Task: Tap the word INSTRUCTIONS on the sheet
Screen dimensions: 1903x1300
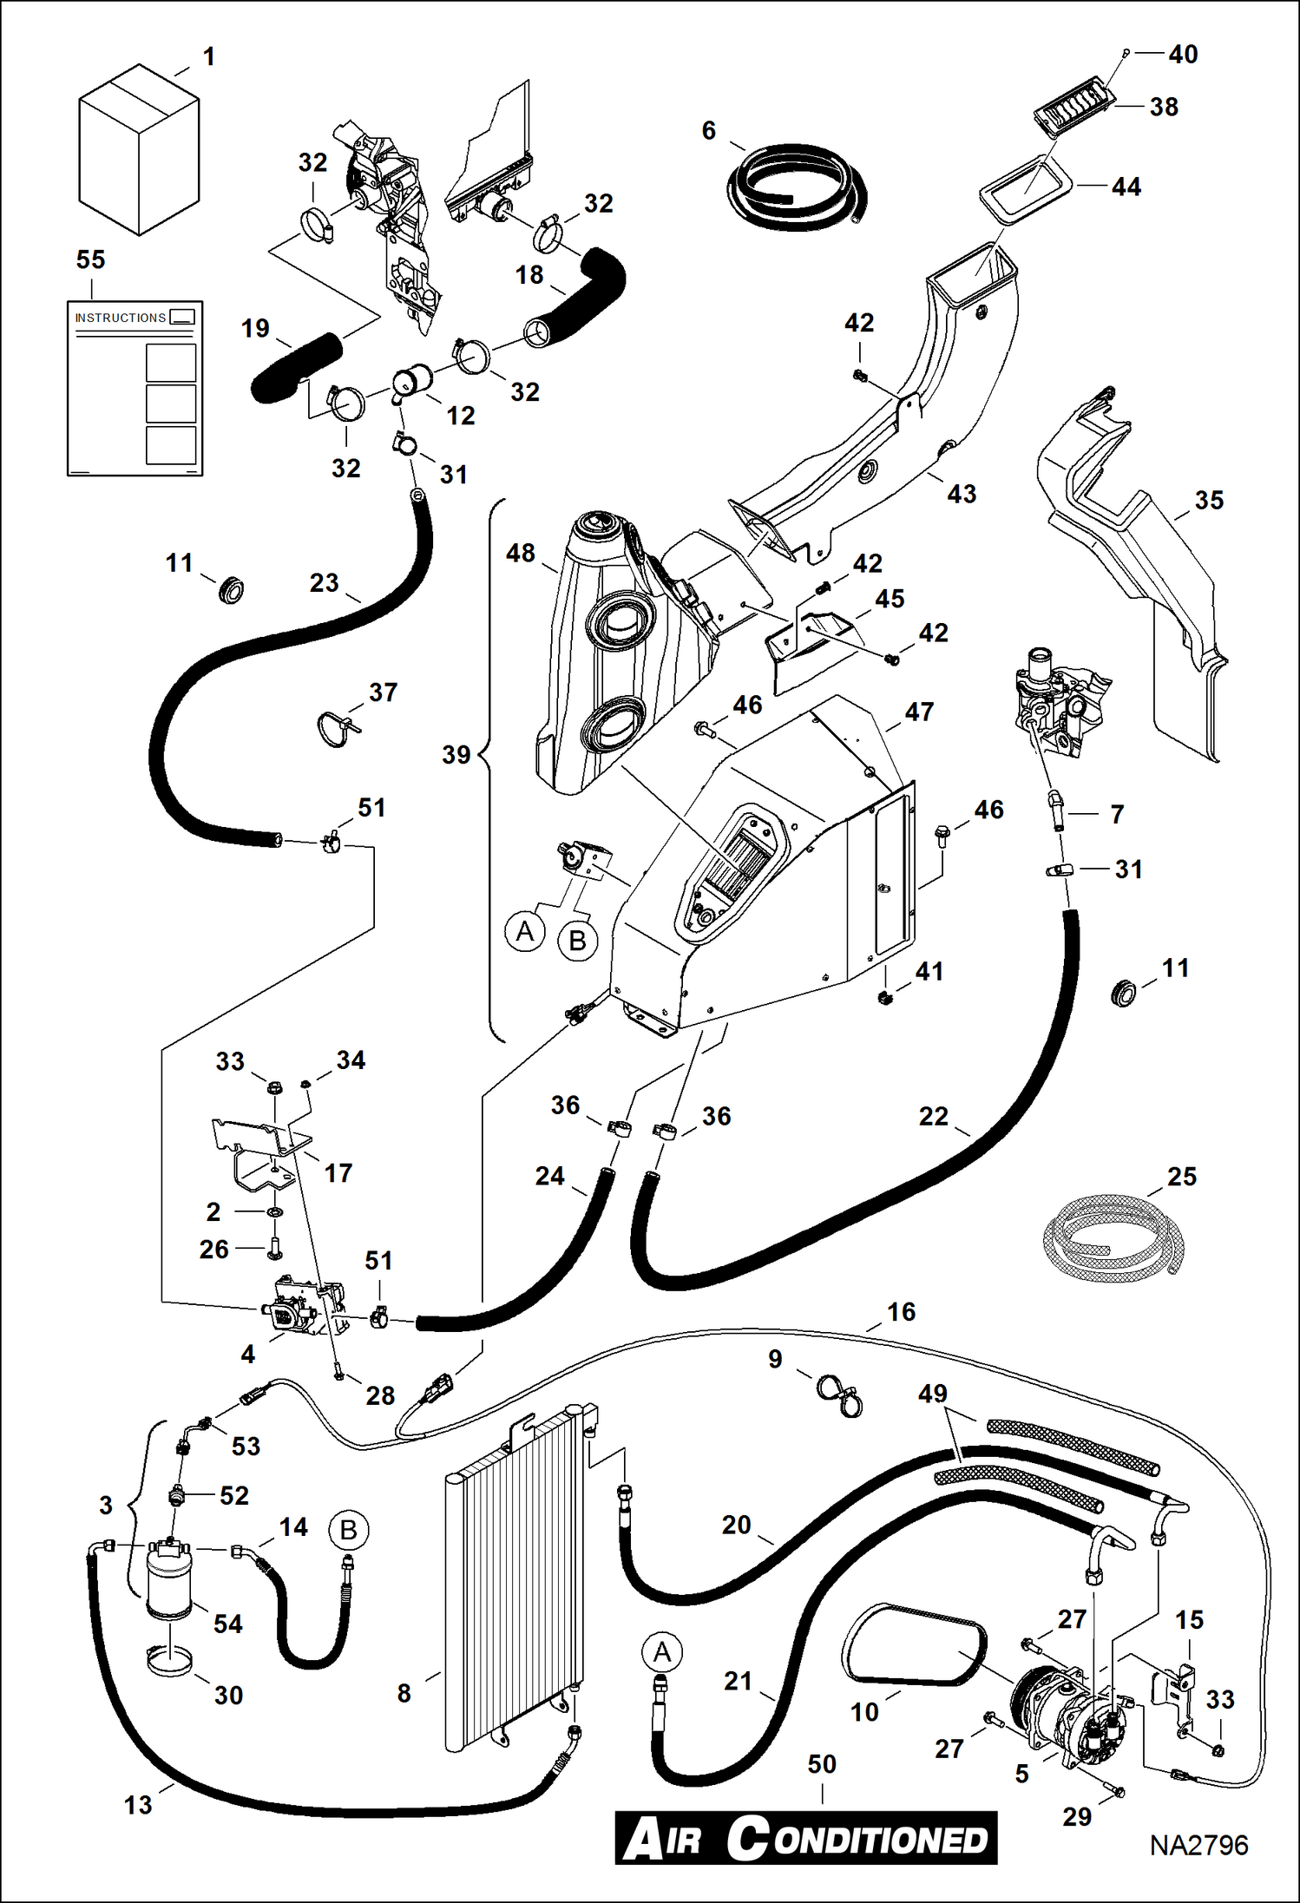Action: pyautogui.click(x=120, y=318)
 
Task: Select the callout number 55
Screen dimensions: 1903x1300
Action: pyautogui.click(x=90, y=259)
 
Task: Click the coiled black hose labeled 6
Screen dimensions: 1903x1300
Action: pyautogui.click(x=794, y=182)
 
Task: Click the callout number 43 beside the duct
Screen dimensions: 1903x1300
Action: pyautogui.click(x=962, y=494)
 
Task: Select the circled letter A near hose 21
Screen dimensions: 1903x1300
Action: pyautogui.click(x=662, y=1652)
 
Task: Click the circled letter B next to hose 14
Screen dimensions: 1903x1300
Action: pyautogui.click(x=349, y=1530)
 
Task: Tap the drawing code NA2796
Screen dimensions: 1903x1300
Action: pyautogui.click(x=1198, y=1845)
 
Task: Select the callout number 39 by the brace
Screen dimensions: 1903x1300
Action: pyautogui.click(x=456, y=754)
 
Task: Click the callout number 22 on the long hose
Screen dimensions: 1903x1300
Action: pyautogui.click(x=934, y=1116)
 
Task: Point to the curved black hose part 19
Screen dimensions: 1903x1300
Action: pyautogui.click(x=295, y=367)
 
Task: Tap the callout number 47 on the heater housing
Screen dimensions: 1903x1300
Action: pyautogui.click(x=919, y=712)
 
